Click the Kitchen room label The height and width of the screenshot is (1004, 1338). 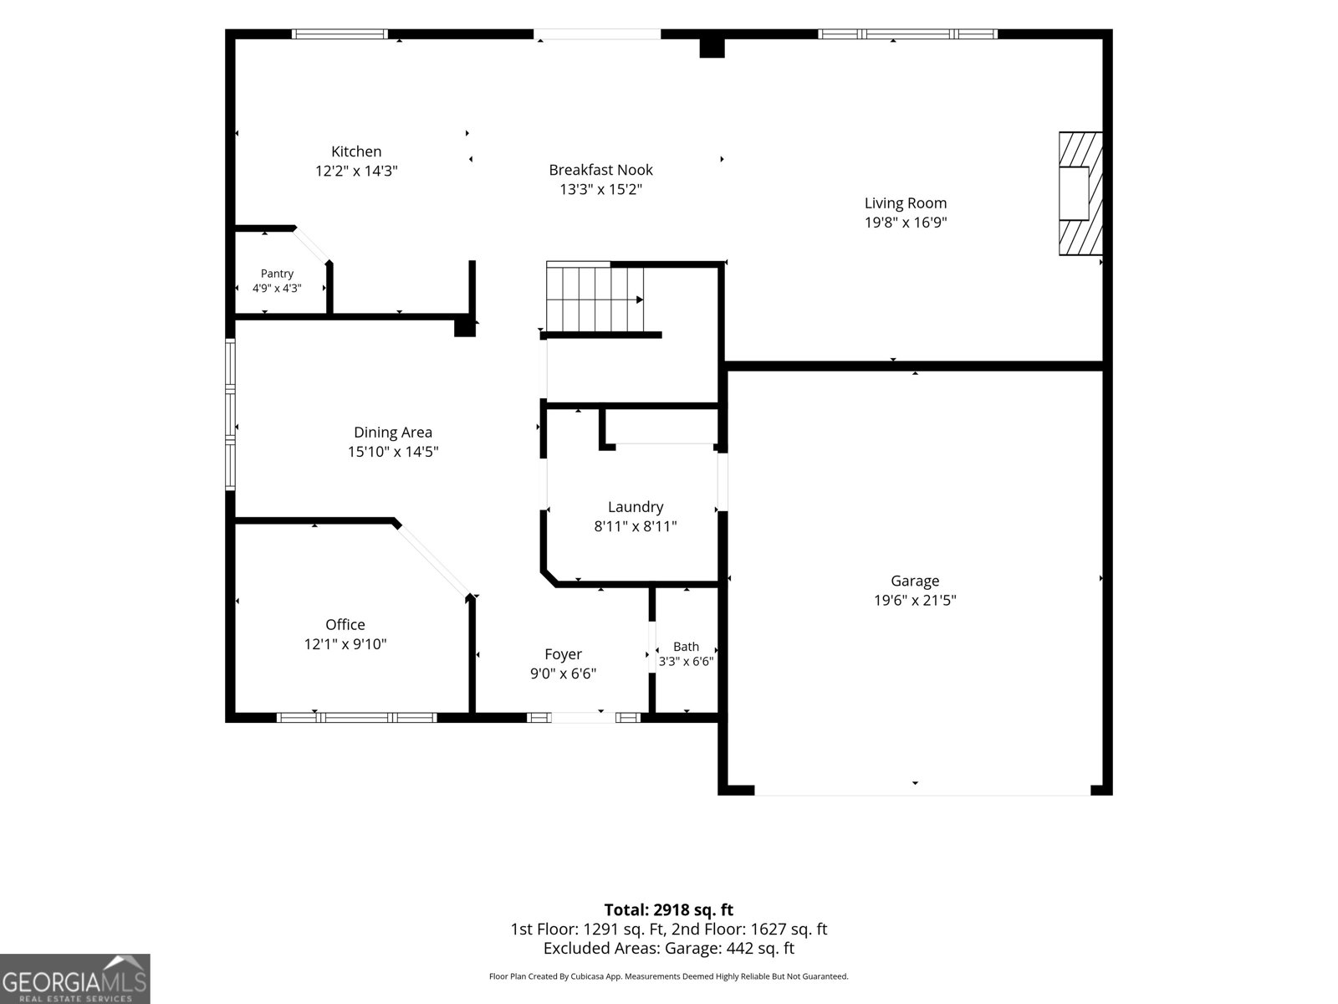pyautogui.click(x=356, y=151)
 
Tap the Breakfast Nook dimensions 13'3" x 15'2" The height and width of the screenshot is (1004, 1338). pyautogui.click(x=601, y=189)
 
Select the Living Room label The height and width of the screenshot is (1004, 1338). pyautogui.click(x=905, y=203)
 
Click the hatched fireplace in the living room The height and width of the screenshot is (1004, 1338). pyautogui.click(x=1080, y=193)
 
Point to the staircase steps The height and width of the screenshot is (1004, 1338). pyautogui.click(x=595, y=296)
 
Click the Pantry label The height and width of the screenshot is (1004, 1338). pyautogui.click(x=277, y=274)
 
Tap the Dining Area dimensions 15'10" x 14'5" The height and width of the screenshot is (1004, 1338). pyautogui.click(x=393, y=452)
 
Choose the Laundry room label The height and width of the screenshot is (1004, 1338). pyautogui.click(x=636, y=506)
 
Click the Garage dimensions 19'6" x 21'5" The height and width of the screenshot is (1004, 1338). pyautogui.click(x=915, y=600)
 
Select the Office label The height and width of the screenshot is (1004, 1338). pyautogui.click(x=345, y=624)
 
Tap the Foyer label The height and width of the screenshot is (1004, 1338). pyautogui.click(x=563, y=654)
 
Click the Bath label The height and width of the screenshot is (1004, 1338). pyautogui.click(x=686, y=646)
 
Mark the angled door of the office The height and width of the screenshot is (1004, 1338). pyautogui.click(x=434, y=560)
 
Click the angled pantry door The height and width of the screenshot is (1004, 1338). pyautogui.click(x=312, y=245)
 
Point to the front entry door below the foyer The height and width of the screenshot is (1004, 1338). pyautogui.click(x=584, y=718)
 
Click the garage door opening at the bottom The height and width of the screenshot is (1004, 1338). pyautogui.click(x=922, y=791)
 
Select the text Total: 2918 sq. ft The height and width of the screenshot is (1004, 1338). pyautogui.click(x=669, y=909)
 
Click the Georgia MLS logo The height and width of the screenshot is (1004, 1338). pyautogui.click(x=75, y=979)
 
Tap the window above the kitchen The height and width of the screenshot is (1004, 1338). pyautogui.click(x=340, y=34)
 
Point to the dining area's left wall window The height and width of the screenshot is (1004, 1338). pyautogui.click(x=231, y=414)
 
